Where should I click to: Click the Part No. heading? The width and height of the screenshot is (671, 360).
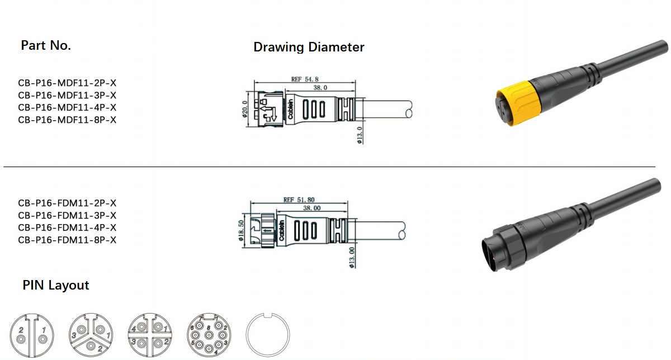[x=46, y=46]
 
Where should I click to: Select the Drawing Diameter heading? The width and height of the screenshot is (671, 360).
[x=309, y=47]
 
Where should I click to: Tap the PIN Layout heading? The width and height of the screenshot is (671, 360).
[x=56, y=285]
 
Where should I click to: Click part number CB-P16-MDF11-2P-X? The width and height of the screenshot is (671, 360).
[x=67, y=83]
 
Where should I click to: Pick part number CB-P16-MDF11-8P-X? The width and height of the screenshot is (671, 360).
[x=67, y=120]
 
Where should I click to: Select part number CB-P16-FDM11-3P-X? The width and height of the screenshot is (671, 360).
[x=67, y=215]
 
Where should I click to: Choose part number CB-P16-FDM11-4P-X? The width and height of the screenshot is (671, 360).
[x=67, y=228]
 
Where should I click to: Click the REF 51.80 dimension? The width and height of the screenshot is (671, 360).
[x=299, y=199]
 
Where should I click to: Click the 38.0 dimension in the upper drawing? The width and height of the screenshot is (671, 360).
[x=320, y=88]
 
